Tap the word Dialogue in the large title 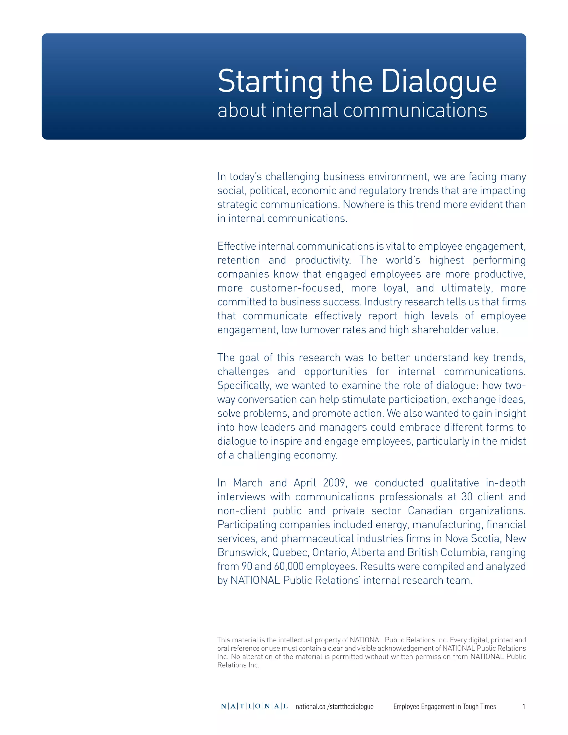[439, 82]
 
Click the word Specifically [244, 386]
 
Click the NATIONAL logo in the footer [254, 706]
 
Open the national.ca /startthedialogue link [334, 707]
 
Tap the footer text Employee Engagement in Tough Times [445, 707]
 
